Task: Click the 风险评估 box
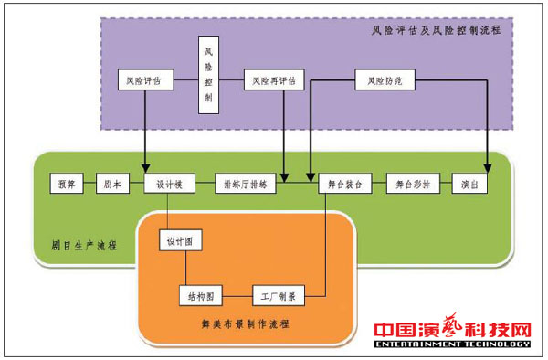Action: tap(144, 81)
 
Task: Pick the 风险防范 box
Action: tap(385, 81)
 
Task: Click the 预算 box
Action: tap(67, 184)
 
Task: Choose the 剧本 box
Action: tap(108, 184)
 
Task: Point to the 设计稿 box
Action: tap(171, 184)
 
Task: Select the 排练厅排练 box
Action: tap(245, 184)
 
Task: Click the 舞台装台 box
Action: tap(345, 184)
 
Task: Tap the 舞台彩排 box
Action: tap(413, 184)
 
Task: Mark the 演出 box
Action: tap(469, 184)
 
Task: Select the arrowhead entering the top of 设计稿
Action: tap(145, 168)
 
